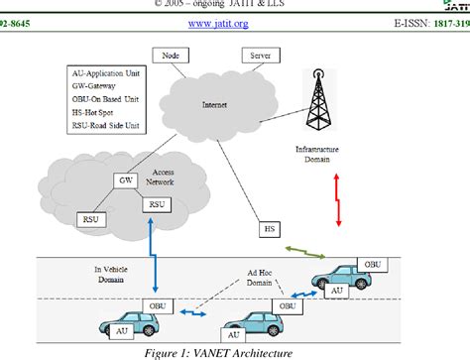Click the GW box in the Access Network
click(127, 180)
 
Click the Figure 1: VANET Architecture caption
click(234, 350)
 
